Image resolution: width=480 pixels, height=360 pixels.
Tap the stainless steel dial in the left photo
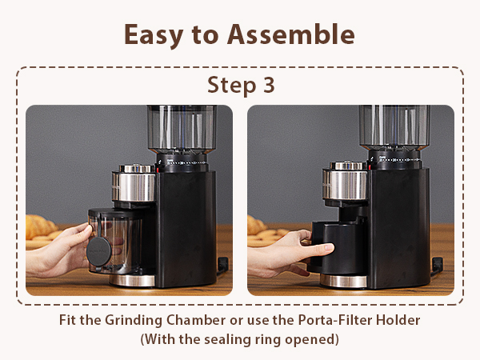tap(133, 184)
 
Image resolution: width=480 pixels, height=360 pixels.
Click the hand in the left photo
tap(56, 252)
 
